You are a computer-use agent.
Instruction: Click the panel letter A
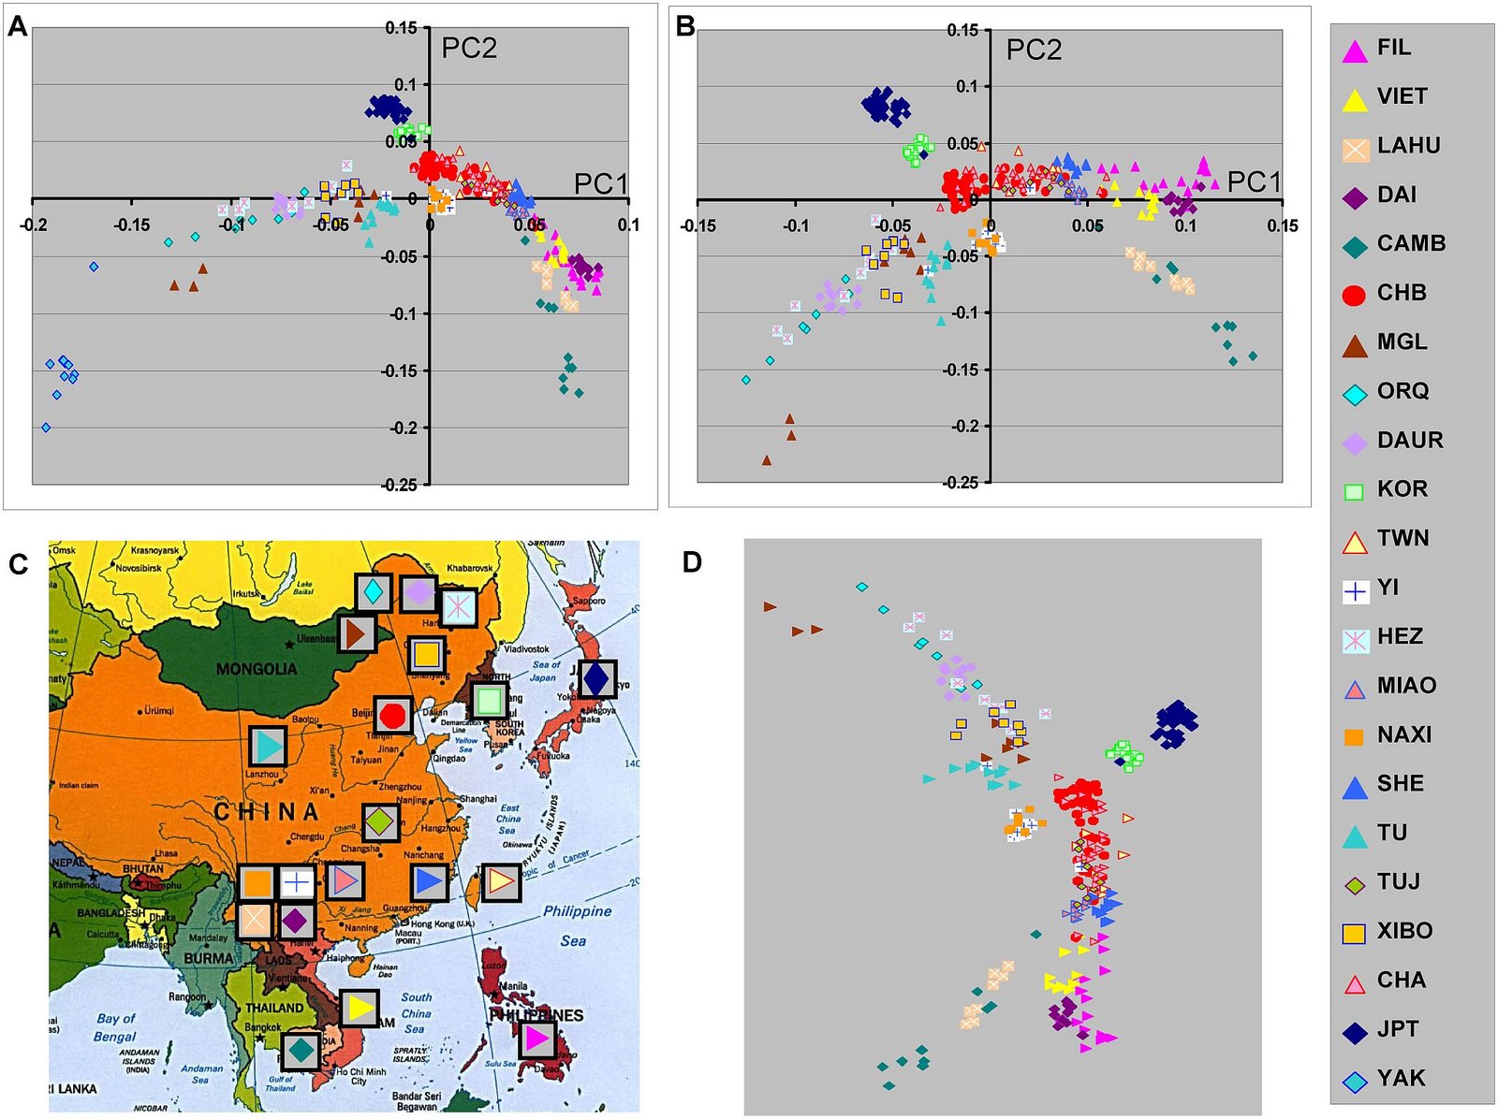click(18, 26)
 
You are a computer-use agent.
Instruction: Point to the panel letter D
click(692, 562)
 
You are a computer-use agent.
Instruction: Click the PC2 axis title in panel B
click(1034, 50)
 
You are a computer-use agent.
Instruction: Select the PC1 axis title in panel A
click(600, 183)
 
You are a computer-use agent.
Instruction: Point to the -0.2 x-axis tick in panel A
click(34, 225)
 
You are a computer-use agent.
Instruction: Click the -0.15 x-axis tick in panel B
click(698, 225)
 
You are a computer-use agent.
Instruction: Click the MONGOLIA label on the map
click(256, 669)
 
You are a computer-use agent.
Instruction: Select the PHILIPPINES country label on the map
click(536, 1015)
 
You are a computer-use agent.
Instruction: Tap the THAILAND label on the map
click(274, 1008)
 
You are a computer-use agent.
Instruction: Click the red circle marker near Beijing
click(392, 715)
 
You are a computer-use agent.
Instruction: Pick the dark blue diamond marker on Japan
click(596, 678)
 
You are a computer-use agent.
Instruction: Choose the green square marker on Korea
click(488, 700)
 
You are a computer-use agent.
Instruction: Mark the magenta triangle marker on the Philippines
click(536, 1039)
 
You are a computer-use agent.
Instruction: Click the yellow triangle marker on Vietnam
click(359, 1008)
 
